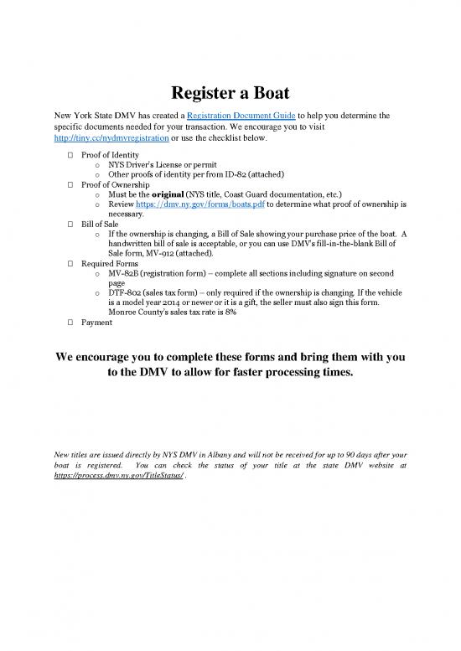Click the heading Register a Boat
[230, 92]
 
